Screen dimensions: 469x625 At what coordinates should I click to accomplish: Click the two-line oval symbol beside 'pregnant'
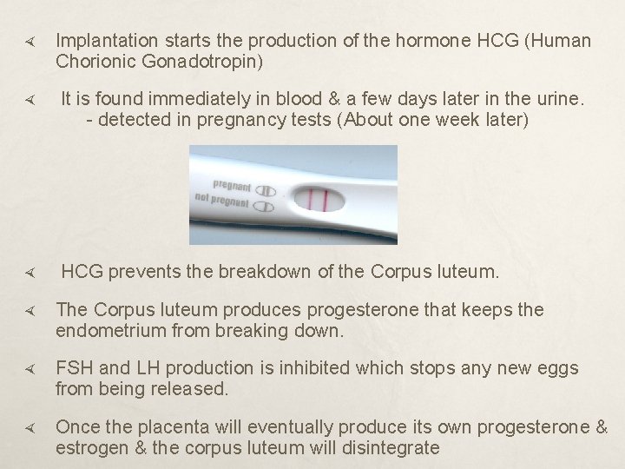coord(266,191)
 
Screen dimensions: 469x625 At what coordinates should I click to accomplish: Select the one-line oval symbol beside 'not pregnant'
coord(266,207)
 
